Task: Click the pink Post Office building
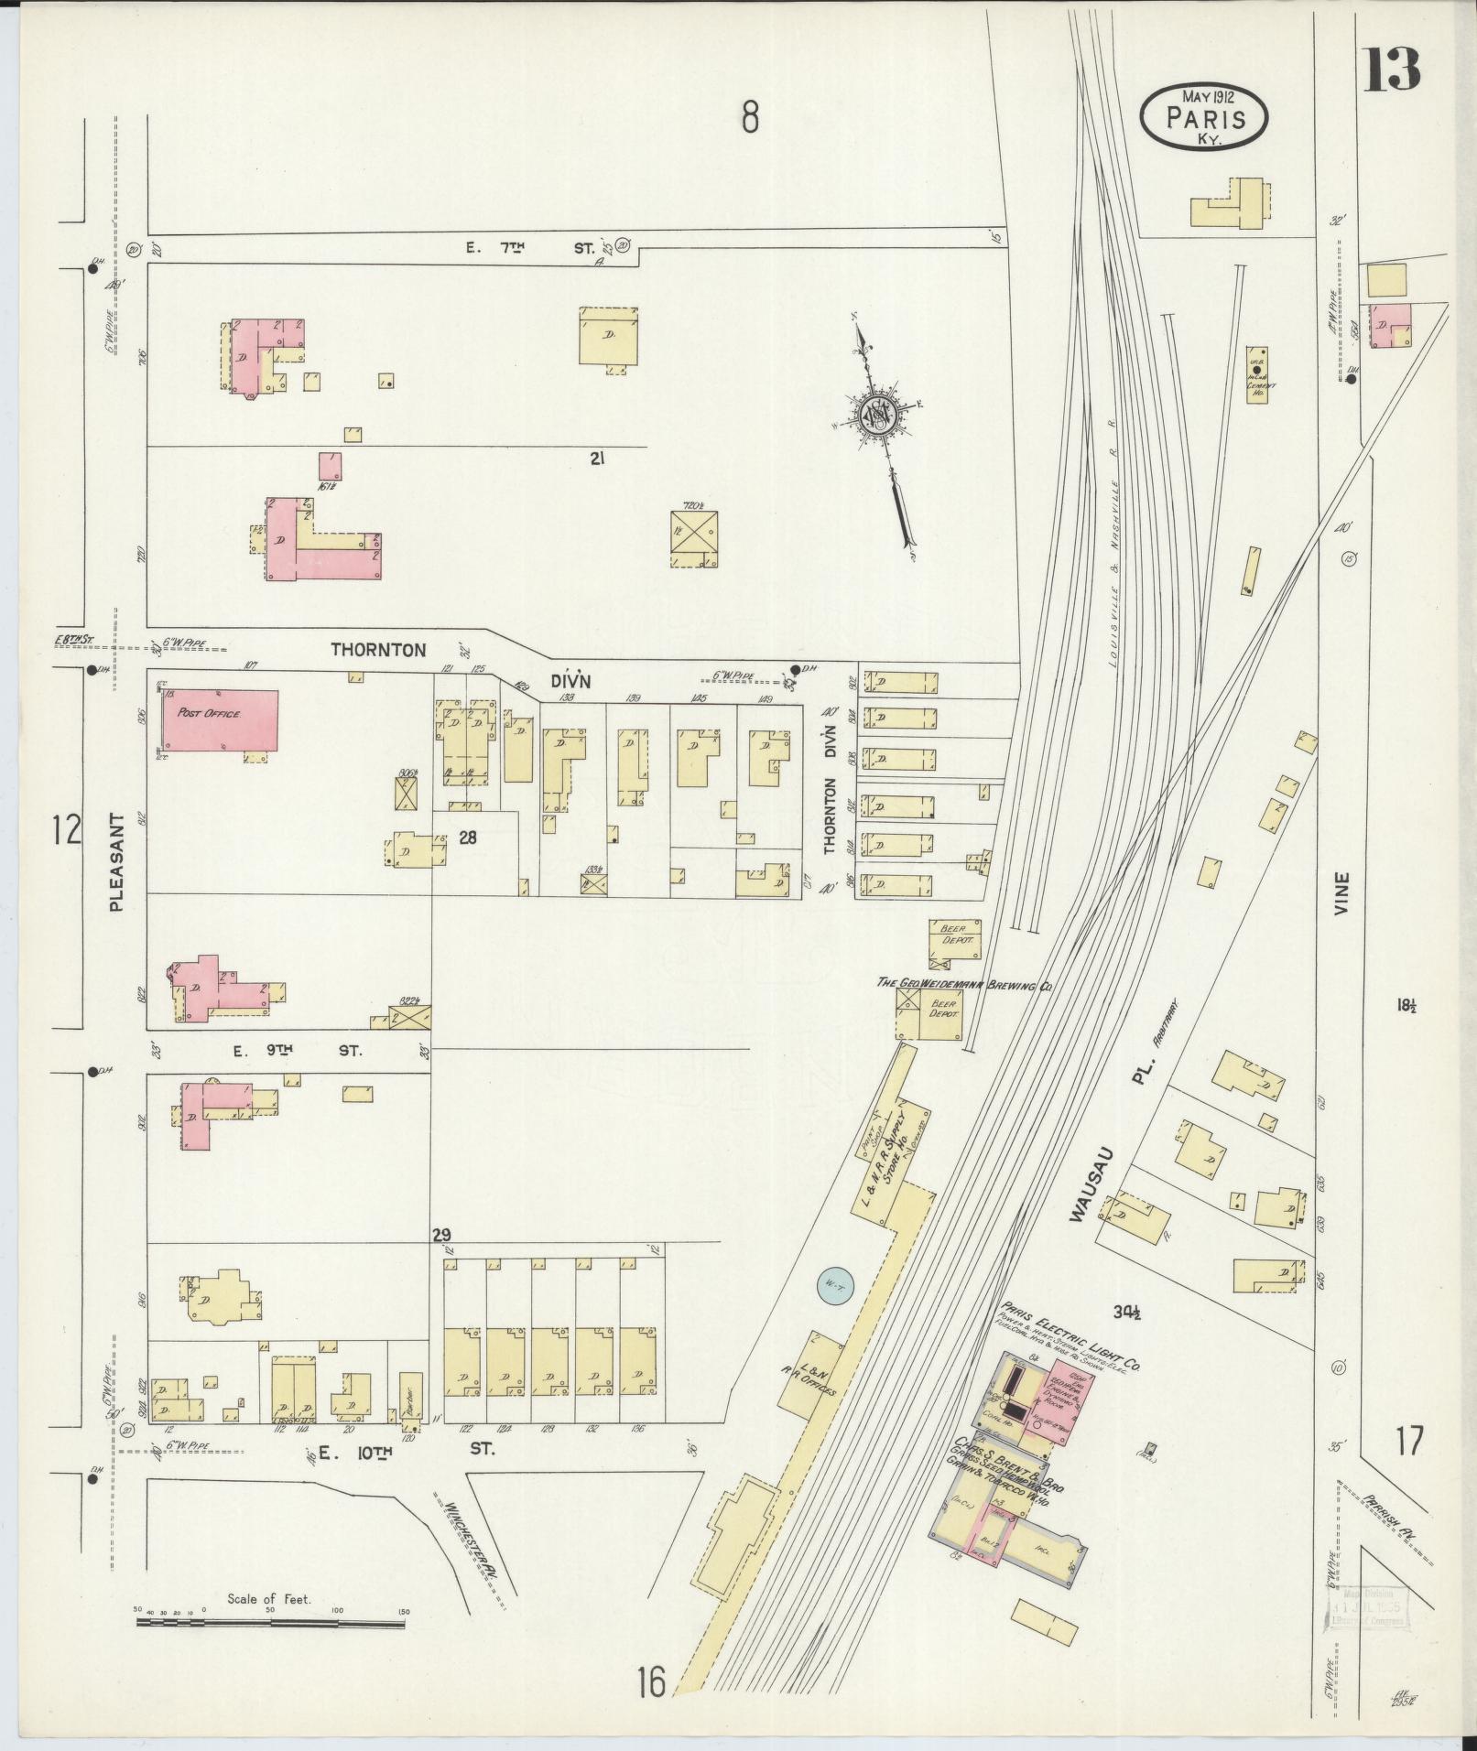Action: [221, 720]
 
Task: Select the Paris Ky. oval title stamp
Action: [1204, 116]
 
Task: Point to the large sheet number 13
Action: [1393, 69]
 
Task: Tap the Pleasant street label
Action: [117, 862]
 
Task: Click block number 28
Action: [468, 836]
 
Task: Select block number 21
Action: [600, 460]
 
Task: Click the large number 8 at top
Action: [750, 117]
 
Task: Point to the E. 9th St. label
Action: [297, 1052]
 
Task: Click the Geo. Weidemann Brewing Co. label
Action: [964, 984]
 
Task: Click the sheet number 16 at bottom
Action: [652, 1683]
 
